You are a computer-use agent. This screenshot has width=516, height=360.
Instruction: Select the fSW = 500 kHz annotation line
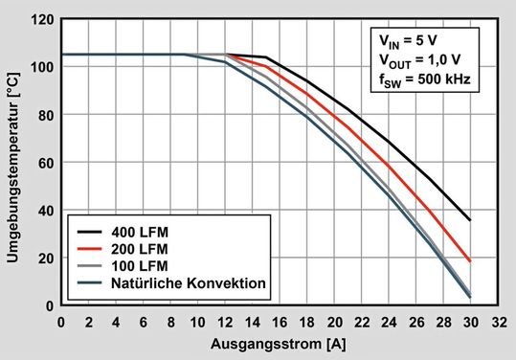[422, 80]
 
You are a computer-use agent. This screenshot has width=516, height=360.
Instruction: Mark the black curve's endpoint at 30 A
[469, 220]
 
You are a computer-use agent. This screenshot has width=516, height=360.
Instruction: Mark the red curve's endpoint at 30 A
[469, 260]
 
